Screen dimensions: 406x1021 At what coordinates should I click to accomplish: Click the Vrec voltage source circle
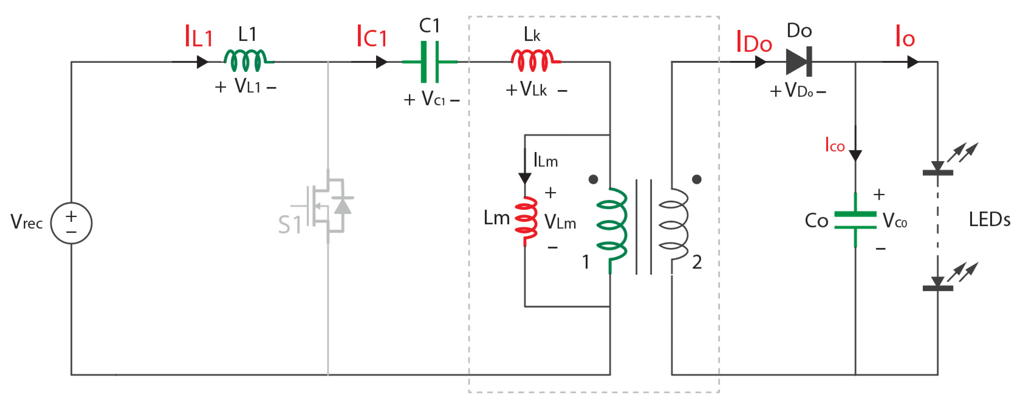71,223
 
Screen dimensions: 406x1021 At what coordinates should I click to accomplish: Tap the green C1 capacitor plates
430,62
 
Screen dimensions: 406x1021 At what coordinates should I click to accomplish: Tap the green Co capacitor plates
855,220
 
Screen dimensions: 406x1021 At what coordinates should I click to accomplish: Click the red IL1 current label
199,36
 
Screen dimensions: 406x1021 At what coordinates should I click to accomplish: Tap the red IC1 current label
371,36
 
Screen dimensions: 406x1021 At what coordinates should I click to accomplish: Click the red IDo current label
754,42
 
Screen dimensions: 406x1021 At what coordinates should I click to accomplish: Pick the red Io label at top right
905,36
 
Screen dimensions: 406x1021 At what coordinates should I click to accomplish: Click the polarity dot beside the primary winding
593,179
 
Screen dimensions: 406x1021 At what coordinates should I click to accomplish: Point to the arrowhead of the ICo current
855,156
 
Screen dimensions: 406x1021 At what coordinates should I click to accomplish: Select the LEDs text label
989,219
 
